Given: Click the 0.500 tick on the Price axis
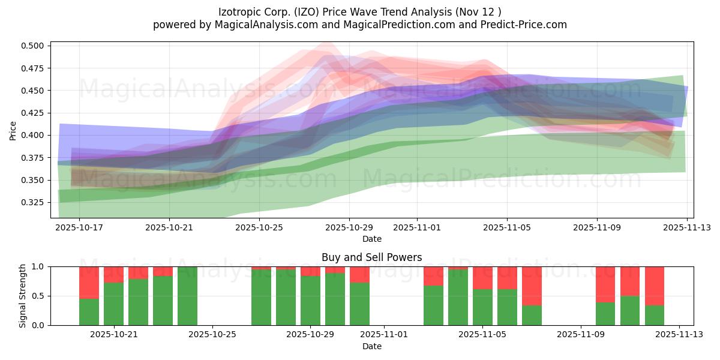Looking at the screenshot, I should pos(35,46).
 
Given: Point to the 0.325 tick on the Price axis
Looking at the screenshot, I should pos(35,203).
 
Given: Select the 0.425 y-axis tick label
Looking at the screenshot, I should pos(35,113).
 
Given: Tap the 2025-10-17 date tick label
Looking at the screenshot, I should pos(79,228).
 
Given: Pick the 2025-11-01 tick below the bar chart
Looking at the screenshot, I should pos(384,335).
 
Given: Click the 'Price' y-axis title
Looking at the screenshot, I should pos(13,130).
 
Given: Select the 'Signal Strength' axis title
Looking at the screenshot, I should pos(23,296).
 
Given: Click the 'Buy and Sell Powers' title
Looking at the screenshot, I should pos(371,257).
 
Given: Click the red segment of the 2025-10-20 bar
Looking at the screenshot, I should pos(89,283).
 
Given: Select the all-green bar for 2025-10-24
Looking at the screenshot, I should pos(187,296).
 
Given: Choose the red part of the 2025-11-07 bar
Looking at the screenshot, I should pos(532,286).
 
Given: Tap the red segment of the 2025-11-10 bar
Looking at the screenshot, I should pos(605,284).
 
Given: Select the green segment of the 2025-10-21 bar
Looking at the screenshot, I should pos(113,304).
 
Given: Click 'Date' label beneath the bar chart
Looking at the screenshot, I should pos(371,346).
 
